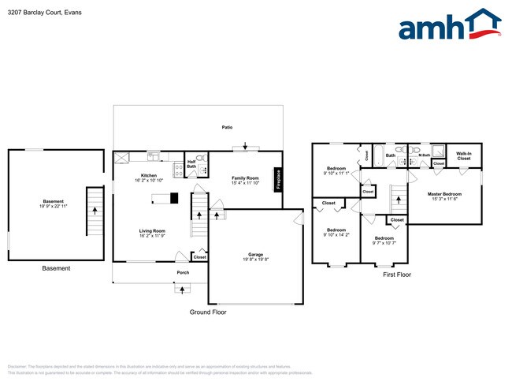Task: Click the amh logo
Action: (449, 25)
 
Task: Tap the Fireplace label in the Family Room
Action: (277, 179)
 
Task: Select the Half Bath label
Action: (191, 164)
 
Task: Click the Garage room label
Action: (255, 256)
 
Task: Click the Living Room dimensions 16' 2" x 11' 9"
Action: (152, 235)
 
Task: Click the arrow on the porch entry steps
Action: (183, 289)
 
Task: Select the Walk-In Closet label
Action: (463, 157)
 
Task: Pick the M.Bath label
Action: (424, 155)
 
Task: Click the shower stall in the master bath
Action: (437, 152)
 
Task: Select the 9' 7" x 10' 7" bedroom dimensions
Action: (384, 243)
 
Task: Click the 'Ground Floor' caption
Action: (208, 312)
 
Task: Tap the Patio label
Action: (227, 127)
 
